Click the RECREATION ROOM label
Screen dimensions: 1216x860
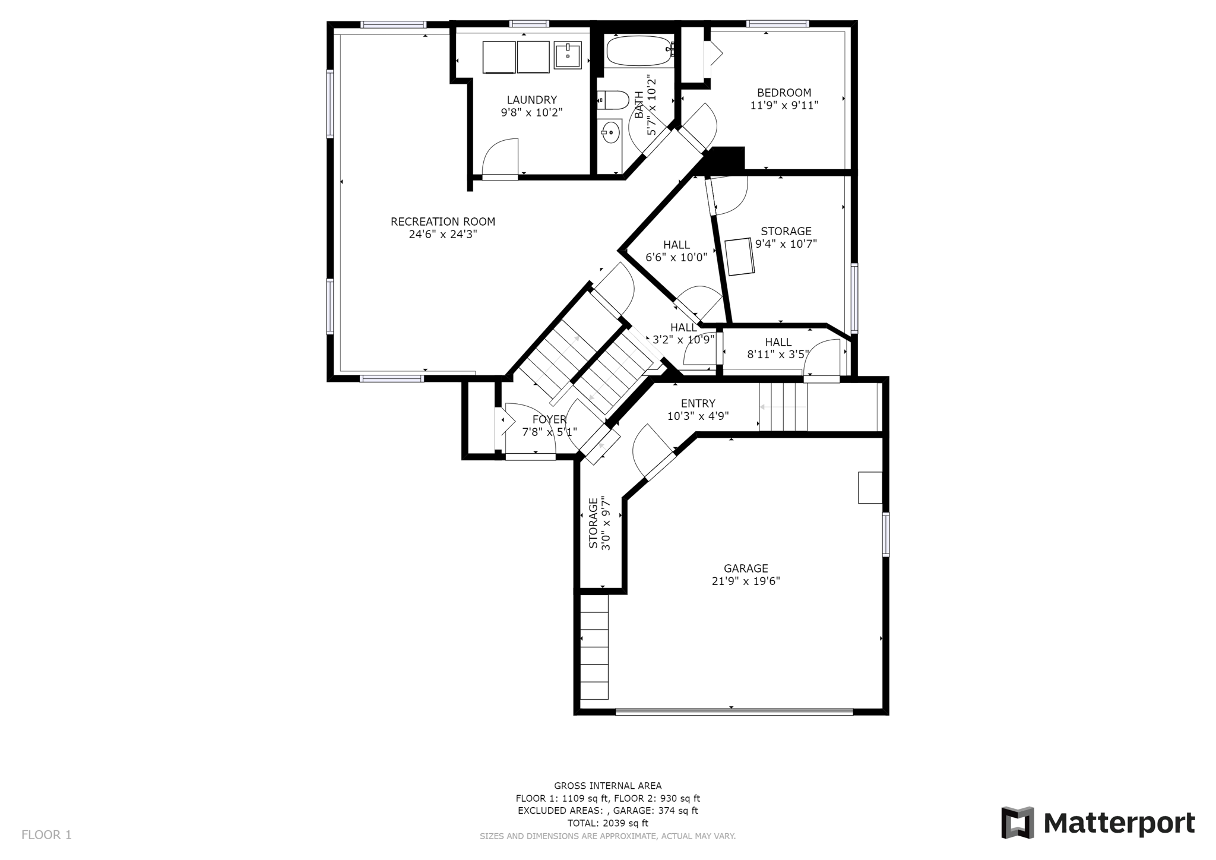tap(443, 222)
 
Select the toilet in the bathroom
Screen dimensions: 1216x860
tap(612, 100)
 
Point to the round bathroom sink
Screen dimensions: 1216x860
tap(610, 132)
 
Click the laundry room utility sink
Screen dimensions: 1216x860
tap(568, 55)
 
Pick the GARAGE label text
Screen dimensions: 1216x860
tap(746, 568)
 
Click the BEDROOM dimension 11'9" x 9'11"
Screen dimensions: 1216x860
tap(784, 106)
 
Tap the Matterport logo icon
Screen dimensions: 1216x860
tap(1018, 823)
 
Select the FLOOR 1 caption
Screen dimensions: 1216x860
tap(46, 835)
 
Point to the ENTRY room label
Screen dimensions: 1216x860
tap(698, 403)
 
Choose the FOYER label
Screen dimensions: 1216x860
tap(549, 419)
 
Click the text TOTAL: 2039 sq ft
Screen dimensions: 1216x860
tap(607, 823)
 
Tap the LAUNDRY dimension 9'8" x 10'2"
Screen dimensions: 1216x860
tap(531, 112)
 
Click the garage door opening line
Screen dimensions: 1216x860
tap(734, 711)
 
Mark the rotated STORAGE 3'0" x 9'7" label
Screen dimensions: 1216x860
tap(599, 523)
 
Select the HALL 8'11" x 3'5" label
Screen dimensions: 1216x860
tap(778, 348)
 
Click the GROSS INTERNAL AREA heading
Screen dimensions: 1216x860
tap(607, 786)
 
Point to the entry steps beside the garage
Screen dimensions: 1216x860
tap(783, 407)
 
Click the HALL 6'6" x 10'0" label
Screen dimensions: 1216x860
tap(676, 251)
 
